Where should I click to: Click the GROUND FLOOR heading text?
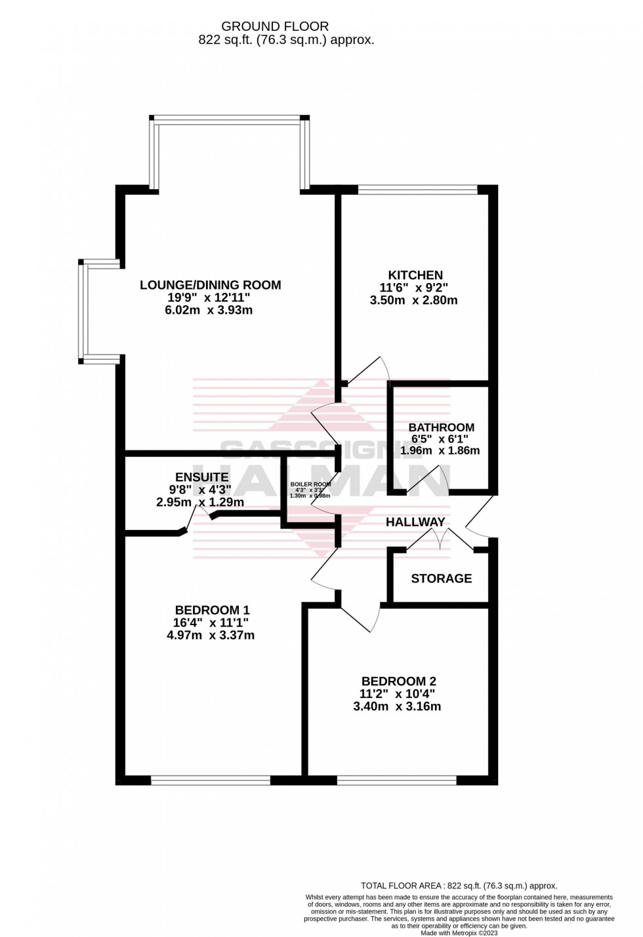coord(275,26)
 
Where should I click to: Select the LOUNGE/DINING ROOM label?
coord(210,285)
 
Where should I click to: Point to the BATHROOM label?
coord(441,427)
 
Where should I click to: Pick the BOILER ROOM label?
coord(310,484)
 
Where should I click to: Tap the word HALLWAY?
coord(415,522)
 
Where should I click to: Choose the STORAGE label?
coord(441,578)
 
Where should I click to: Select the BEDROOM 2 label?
coord(398,682)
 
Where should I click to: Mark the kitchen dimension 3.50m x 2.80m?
coord(413,301)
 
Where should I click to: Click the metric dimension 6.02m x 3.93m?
coord(210,310)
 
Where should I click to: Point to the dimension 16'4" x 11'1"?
coord(210,622)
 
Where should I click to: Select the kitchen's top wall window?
coord(417,190)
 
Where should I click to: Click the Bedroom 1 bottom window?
coord(210,780)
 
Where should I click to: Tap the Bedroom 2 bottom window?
coord(396,780)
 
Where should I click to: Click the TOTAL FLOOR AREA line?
coord(459,886)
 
